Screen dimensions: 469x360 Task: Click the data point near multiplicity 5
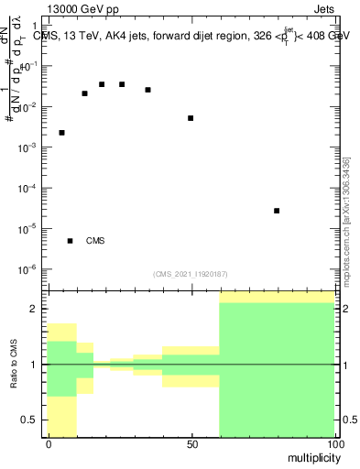click(x=61, y=133)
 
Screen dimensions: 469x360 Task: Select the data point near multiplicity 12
click(x=84, y=93)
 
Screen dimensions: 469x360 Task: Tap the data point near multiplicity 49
click(x=191, y=118)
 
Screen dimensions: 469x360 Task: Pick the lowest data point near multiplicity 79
click(x=277, y=211)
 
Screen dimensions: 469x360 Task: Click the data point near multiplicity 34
click(x=147, y=90)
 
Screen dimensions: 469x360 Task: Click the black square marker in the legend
click(x=70, y=241)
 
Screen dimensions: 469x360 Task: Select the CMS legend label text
click(x=95, y=241)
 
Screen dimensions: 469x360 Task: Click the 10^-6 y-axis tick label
click(x=32, y=269)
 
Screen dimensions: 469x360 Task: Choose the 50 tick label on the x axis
click(x=191, y=443)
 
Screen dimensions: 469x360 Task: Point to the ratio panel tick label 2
click(x=37, y=310)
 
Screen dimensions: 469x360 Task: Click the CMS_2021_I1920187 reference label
click(x=191, y=274)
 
